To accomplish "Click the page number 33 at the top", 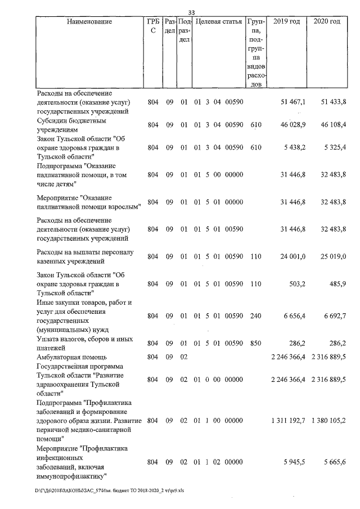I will click(191, 12).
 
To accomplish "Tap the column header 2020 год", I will click(327, 21).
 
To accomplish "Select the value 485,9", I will click(338, 285).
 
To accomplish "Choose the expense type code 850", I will click(256, 343).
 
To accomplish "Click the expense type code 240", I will click(256, 316).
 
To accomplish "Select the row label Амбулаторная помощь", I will click(69, 357).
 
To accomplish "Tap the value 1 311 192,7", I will click(287, 421).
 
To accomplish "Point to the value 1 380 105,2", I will click(328, 421).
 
